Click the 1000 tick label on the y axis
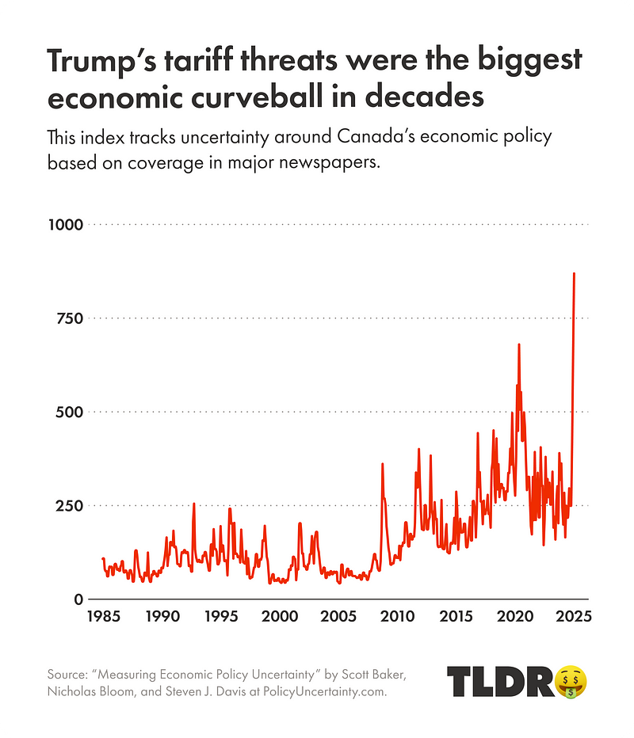65,225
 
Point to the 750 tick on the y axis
68,318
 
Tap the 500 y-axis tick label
68,412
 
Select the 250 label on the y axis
68,505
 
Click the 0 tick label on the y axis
78,599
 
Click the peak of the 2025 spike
575,273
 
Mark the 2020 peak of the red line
519,344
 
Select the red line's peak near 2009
382,464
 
